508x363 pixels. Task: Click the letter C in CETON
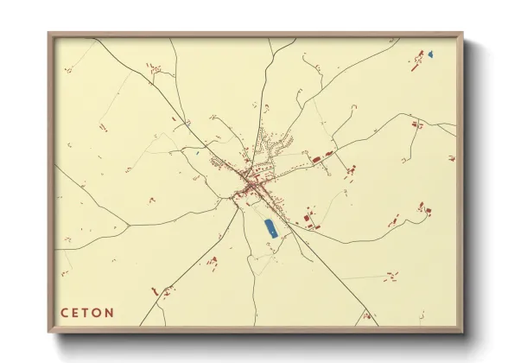click(65, 313)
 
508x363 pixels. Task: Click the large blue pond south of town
click(269, 228)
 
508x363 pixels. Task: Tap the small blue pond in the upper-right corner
click(429, 55)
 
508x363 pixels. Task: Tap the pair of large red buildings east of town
click(322, 158)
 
